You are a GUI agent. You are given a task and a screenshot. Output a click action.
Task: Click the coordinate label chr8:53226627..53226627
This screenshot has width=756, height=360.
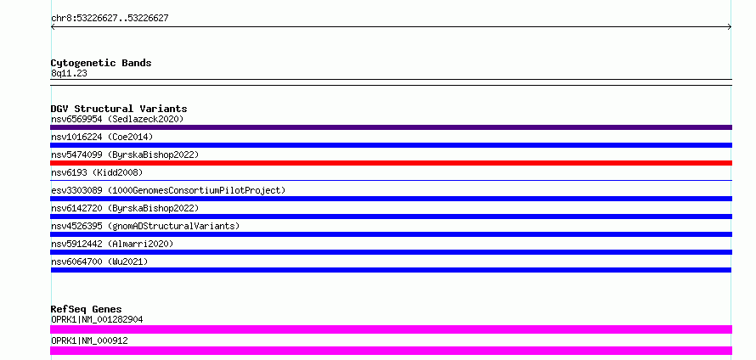pyautogui.click(x=110, y=19)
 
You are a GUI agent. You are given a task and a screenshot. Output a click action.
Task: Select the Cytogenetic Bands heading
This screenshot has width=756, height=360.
pyautogui.click(x=101, y=63)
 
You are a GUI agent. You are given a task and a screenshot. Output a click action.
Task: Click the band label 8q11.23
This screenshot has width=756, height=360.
pyautogui.click(x=69, y=73)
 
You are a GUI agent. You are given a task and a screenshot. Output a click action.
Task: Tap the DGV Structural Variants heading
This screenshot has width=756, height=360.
pyautogui.click(x=119, y=109)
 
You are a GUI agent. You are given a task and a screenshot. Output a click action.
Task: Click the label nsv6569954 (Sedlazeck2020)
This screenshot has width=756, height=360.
pyautogui.click(x=117, y=119)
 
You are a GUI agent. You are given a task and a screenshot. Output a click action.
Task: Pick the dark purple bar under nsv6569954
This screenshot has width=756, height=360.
pyautogui.click(x=391, y=127)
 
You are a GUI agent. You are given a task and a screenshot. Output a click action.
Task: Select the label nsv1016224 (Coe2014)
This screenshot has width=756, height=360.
pyautogui.click(x=102, y=137)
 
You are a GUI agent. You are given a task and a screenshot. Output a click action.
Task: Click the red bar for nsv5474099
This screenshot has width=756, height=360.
pyautogui.click(x=391, y=163)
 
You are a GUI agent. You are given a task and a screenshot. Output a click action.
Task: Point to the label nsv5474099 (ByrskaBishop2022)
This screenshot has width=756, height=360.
pyautogui.click(x=125, y=155)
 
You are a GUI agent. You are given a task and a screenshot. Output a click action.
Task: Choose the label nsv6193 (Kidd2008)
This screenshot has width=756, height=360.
pyautogui.click(x=97, y=172)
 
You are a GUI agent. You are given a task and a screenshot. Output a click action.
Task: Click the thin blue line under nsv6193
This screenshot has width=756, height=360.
pyautogui.click(x=391, y=180)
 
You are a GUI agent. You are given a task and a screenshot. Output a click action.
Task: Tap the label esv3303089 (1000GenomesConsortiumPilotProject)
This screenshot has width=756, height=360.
pyautogui.click(x=168, y=190)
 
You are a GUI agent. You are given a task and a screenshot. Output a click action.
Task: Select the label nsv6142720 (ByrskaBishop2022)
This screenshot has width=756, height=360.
pyautogui.click(x=125, y=208)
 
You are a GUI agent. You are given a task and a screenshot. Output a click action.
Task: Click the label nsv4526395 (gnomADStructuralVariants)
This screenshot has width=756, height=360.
pyautogui.click(x=145, y=226)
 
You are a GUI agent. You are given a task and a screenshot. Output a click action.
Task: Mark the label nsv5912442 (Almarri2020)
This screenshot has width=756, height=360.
pyautogui.click(x=112, y=244)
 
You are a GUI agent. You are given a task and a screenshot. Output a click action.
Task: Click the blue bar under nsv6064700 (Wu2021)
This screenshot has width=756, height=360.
pyautogui.click(x=391, y=270)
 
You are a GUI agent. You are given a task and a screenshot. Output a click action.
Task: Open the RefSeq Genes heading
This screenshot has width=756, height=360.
pyautogui.click(x=87, y=309)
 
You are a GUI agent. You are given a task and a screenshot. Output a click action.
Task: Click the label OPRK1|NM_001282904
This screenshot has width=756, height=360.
pyautogui.click(x=97, y=319)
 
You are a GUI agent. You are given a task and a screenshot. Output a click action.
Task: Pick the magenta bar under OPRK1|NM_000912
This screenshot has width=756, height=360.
pyautogui.click(x=391, y=351)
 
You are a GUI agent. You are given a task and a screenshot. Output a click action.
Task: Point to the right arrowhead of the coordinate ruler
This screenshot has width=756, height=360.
pyautogui.click(x=731, y=27)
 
